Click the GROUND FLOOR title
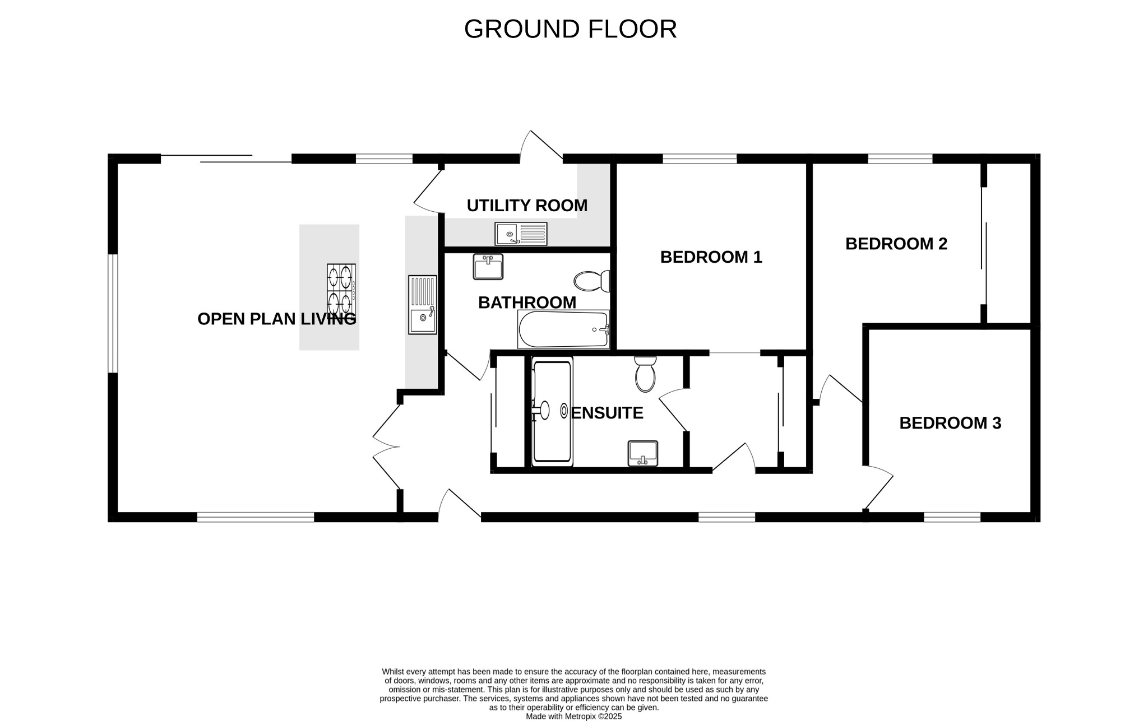(x=570, y=29)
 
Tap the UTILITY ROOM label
(x=527, y=206)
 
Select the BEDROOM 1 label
(x=711, y=257)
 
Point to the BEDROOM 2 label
(x=896, y=244)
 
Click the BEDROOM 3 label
(x=950, y=423)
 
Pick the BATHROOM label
(x=527, y=303)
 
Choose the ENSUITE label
(x=607, y=413)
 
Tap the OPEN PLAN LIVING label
(x=276, y=319)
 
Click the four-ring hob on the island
(x=341, y=290)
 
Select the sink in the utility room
(x=521, y=234)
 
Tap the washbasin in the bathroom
(x=488, y=267)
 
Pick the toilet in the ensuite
(x=645, y=374)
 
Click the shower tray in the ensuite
(x=552, y=412)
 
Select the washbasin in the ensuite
(x=642, y=453)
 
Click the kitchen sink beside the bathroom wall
(x=422, y=305)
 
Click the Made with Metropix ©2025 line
(x=573, y=716)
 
